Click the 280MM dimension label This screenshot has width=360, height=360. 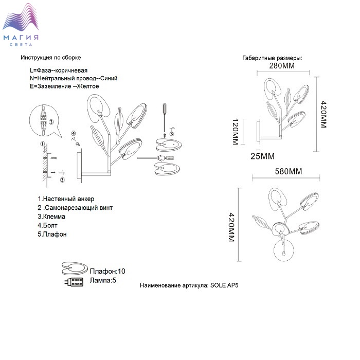point(283,66)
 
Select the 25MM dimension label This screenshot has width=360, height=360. point(263,156)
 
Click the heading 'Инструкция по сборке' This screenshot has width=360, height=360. point(51,58)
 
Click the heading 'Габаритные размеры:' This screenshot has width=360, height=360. point(272,58)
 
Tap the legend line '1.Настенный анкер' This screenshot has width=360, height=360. point(66,199)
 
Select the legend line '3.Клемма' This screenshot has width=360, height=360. point(51,217)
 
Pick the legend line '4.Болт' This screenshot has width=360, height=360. point(48,225)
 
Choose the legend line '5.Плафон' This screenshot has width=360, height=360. point(52,234)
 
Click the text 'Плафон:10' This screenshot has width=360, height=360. point(107,271)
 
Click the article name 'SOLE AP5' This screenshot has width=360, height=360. point(225,284)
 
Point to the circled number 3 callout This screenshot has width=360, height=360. point(52,122)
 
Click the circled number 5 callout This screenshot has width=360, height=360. point(171,133)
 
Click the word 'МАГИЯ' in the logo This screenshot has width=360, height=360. point(21,38)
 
